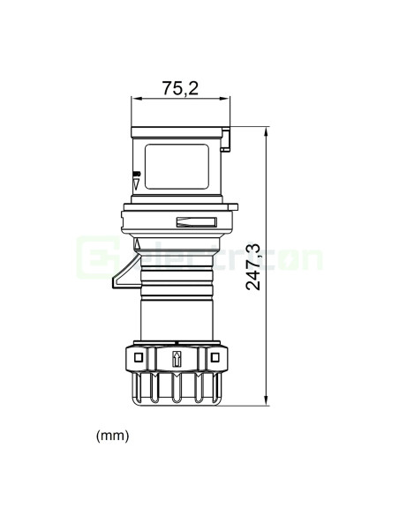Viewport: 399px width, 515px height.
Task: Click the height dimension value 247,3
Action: coord(253,267)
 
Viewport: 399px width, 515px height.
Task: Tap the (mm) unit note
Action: coord(111,437)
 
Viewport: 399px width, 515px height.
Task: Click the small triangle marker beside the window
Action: coord(136,186)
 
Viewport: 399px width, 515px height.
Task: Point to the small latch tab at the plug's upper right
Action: coord(227,138)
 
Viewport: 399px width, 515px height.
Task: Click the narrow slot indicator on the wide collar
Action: coord(196,223)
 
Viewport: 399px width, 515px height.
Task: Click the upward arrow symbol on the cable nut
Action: coord(176,358)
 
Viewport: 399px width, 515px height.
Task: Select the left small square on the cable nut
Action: coord(137,357)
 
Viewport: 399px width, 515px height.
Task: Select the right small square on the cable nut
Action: coord(214,357)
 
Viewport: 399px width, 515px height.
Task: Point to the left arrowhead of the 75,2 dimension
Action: coord(135,99)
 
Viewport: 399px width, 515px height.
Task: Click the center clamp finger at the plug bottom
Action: coord(176,387)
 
